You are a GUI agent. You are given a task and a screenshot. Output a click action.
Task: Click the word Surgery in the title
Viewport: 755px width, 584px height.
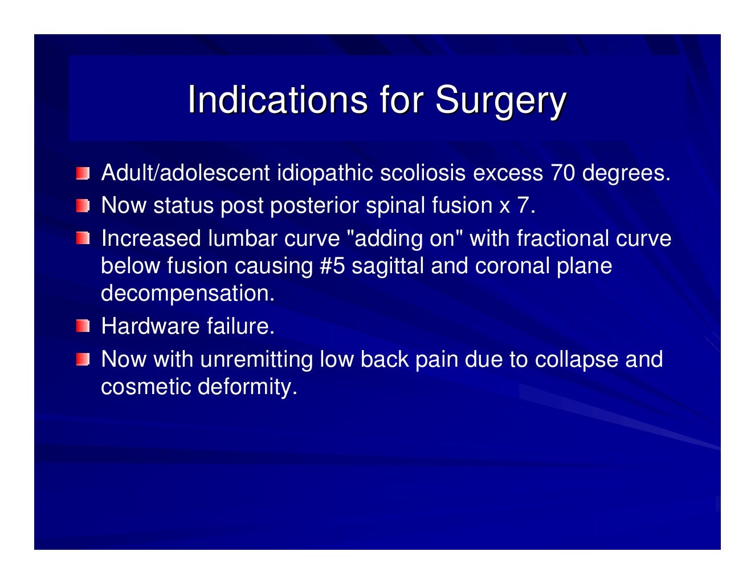[x=500, y=101]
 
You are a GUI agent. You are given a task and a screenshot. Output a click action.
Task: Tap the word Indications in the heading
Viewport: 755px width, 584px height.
[x=277, y=100]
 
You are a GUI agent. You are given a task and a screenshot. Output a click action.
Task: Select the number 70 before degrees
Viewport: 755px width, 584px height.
[x=562, y=173]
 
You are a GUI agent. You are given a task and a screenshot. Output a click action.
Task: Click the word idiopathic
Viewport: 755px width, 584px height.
[x=325, y=173]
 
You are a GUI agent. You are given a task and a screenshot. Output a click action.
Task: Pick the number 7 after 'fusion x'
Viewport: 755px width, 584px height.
[x=523, y=205]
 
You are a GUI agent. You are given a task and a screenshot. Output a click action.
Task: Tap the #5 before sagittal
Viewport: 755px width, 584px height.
[x=332, y=266]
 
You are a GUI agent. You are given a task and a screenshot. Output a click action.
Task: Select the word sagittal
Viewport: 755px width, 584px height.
[x=387, y=266]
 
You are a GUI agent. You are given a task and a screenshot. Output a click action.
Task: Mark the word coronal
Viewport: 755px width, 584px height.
[x=511, y=266]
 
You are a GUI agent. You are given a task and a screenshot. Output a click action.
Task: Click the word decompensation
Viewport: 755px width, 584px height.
[x=187, y=293]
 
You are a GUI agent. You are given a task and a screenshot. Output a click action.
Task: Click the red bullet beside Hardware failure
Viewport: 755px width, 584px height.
[x=83, y=326]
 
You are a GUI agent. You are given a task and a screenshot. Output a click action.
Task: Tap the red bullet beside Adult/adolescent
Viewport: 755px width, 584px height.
[x=83, y=173]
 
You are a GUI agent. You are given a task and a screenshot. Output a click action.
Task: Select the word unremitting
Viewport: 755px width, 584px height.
[x=256, y=359]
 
